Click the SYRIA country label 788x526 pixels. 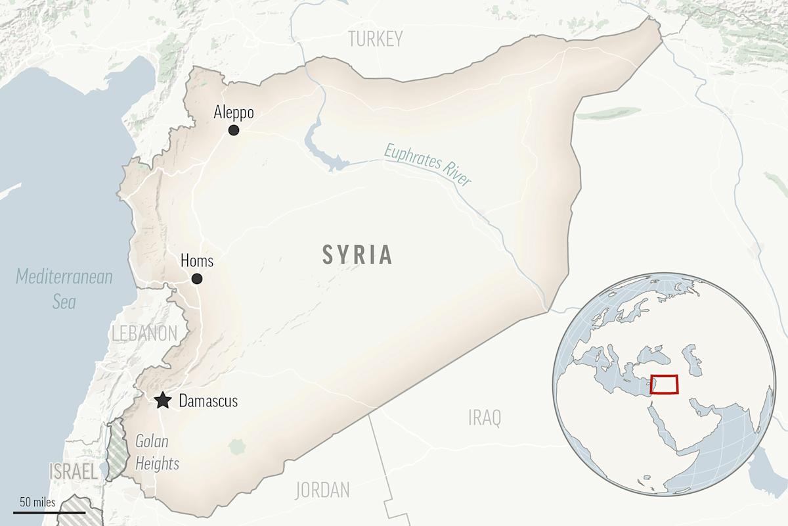tap(357, 254)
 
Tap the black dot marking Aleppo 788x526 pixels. tap(233, 130)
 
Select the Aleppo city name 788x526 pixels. tap(234, 113)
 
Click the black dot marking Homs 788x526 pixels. tap(196, 279)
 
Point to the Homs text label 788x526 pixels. tap(196, 261)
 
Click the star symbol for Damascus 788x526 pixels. tap(162, 400)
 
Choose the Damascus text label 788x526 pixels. tap(208, 400)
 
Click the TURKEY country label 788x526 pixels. tap(375, 39)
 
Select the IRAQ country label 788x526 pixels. tap(485, 417)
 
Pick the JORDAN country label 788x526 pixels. tap(322, 490)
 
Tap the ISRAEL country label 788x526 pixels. tap(74, 471)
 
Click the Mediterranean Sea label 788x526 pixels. tap(64, 289)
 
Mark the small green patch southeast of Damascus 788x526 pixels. tap(236, 447)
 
